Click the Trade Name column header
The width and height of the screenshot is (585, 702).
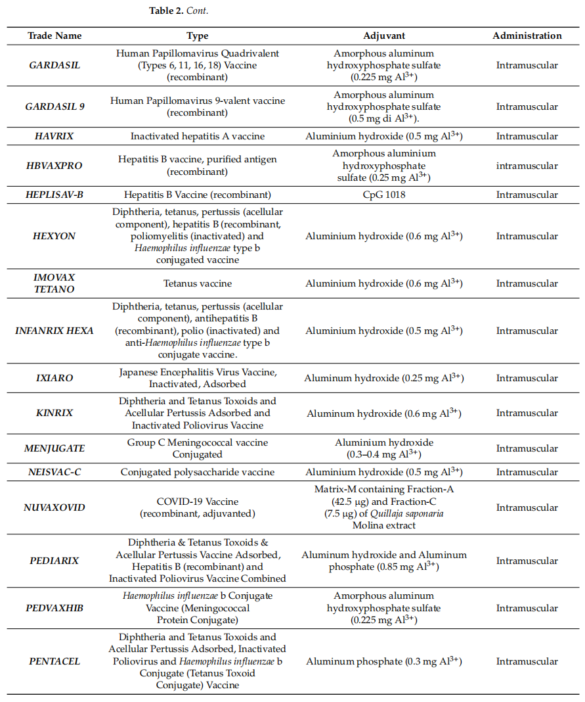pyautogui.click(x=54, y=35)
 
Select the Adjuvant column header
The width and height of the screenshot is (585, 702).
pyautogui.click(x=384, y=35)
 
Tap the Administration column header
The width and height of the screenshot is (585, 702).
pyautogui.click(x=527, y=35)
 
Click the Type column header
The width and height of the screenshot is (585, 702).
pyautogui.click(x=198, y=35)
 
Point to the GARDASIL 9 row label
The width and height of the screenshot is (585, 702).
pyautogui.click(x=54, y=106)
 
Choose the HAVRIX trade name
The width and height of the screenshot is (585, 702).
pyautogui.click(x=54, y=136)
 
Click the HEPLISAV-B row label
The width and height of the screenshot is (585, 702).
pyautogui.click(x=54, y=195)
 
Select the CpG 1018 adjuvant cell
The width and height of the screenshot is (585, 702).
pyautogui.click(x=384, y=195)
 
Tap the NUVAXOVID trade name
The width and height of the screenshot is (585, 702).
pyautogui.click(x=54, y=507)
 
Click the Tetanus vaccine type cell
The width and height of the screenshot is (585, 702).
pyautogui.click(x=198, y=283)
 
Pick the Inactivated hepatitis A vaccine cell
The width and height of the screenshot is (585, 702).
pyautogui.click(x=198, y=136)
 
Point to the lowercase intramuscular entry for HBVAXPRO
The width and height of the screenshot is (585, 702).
pyautogui.click(x=527, y=166)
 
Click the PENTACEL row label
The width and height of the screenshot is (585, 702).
pyautogui.click(x=54, y=661)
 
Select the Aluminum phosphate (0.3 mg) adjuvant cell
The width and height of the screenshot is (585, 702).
pyautogui.click(x=384, y=661)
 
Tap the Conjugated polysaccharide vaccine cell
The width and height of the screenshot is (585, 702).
pyautogui.click(x=198, y=472)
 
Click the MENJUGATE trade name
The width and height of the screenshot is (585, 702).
pyautogui.click(x=54, y=448)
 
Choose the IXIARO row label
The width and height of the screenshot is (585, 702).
pyautogui.click(x=54, y=378)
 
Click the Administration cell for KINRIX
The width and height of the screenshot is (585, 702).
pyautogui.click(x=527, y=413)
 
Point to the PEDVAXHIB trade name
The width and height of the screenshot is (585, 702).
pyautogui.click(x=54, y=608)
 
